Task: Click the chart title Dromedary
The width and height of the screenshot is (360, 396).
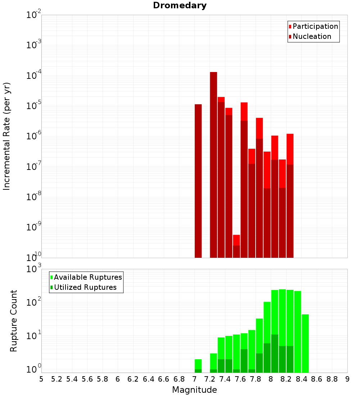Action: (x=180, y=5)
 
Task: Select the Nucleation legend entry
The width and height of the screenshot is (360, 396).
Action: (x=312, y=36)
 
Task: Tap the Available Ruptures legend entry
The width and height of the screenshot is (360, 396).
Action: (x=88, y=277)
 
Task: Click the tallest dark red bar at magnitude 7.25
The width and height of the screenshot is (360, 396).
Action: (x=213, y=162)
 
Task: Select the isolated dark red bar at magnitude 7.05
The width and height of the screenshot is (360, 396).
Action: (x=198, y=180)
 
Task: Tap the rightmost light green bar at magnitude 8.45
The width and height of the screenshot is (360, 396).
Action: (x=305, y=342)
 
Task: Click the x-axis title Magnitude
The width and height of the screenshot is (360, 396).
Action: (x=194, y=390)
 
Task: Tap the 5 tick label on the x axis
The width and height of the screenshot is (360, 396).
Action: (x=41, y=379)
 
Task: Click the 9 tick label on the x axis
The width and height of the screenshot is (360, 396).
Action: (x=347, y=379)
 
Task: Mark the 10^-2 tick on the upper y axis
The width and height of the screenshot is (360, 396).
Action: (x=33, y=15)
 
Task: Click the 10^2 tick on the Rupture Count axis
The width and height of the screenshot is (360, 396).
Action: (x=33, y=302)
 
